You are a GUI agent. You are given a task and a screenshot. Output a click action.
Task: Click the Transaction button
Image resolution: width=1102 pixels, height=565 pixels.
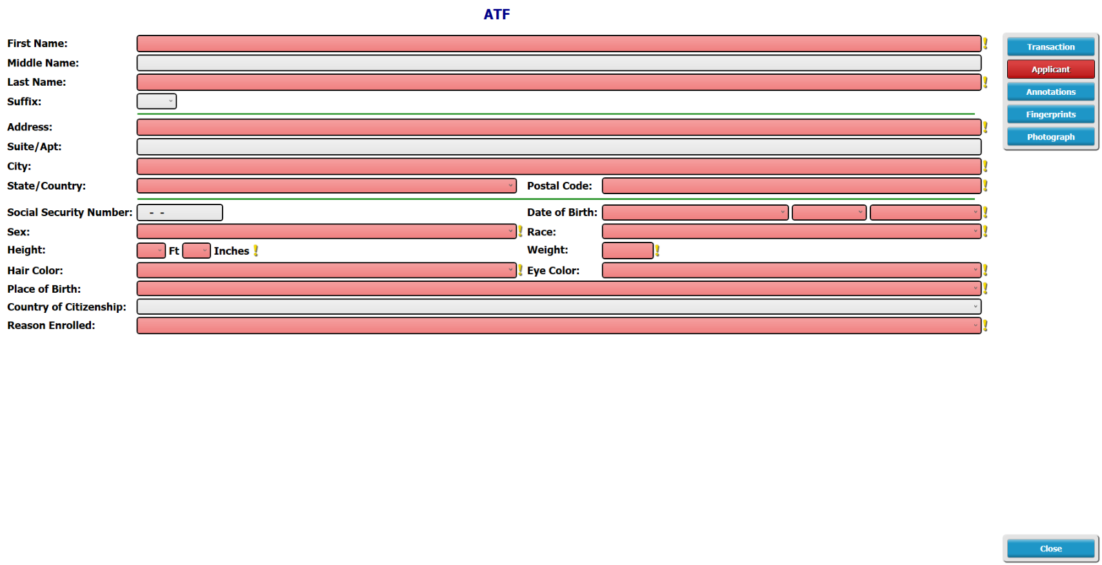[1050, 46]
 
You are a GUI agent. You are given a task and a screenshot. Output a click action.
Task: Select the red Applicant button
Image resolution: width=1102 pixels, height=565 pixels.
[1050, 69]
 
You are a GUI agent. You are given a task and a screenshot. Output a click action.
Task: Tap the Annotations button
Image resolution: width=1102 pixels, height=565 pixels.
[1050, 92]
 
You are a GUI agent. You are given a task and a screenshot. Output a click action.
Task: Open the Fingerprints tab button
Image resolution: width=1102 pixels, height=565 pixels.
[1050, 115]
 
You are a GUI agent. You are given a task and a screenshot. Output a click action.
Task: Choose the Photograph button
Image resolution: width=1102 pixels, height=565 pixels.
[1050, 137]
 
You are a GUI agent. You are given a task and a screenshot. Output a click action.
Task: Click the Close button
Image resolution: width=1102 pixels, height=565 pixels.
[1050, 549]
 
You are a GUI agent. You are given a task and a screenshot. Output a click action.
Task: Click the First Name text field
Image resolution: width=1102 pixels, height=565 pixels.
[559, 43]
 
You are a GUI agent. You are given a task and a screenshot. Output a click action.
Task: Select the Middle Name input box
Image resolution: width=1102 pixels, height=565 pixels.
[559, 63]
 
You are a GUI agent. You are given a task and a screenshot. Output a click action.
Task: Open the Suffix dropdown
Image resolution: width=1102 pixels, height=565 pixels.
[156, 101]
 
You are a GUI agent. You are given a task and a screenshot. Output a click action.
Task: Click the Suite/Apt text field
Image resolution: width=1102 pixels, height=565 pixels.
[559, 146]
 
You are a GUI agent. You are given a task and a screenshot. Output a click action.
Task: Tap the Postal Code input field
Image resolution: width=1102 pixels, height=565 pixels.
[792, 186]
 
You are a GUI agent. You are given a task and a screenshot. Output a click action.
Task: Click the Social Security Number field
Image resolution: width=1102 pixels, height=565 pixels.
[179, 212]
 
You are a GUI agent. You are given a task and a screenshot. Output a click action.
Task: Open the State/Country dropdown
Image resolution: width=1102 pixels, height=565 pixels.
[326, 186]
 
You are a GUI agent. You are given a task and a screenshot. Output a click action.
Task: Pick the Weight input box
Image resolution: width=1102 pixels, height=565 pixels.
[628, 251]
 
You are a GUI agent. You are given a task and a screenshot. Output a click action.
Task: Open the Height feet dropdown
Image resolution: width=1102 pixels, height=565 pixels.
[151, 251]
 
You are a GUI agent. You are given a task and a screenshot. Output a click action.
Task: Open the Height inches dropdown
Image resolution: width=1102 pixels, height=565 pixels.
[196, 251]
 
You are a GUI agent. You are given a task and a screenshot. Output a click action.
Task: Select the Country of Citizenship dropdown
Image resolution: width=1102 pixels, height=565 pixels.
[559, 307]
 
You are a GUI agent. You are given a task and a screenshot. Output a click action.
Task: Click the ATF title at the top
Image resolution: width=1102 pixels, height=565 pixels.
[497, 14]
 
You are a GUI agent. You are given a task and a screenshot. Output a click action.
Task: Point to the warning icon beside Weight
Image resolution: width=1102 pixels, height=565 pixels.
[657, 251]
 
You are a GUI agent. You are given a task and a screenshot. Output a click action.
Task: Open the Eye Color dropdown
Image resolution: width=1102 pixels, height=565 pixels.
[792, 270]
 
